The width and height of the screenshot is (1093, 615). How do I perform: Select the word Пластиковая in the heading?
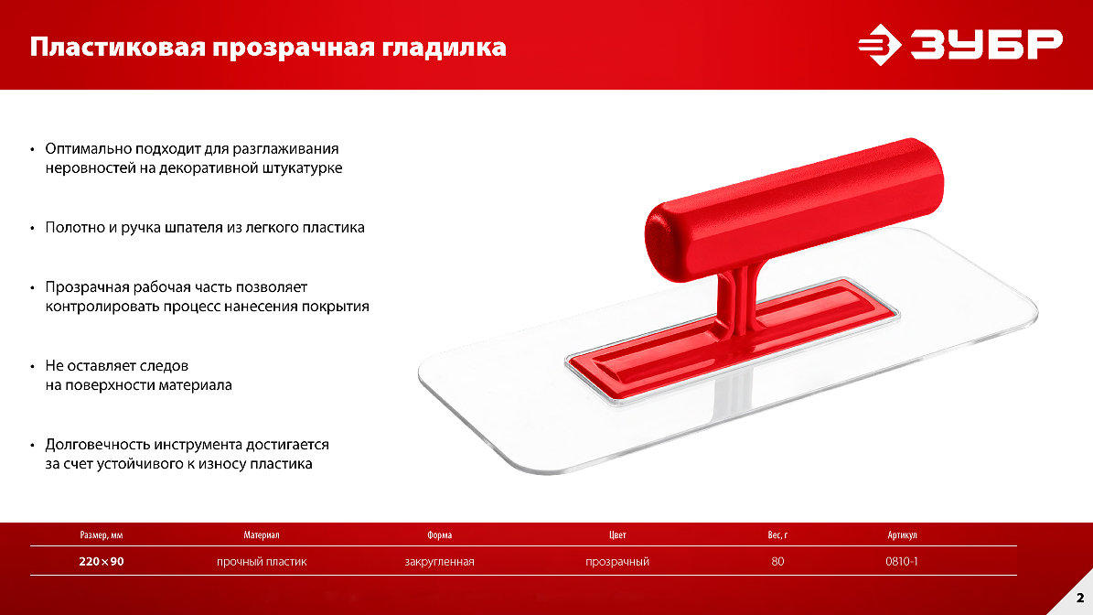click(x=118, y=48)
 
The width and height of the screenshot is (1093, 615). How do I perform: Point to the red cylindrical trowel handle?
click(x=794, y=210)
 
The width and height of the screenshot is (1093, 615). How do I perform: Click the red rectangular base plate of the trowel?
click(x=732, y=340)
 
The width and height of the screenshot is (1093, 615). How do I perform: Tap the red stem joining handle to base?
click(x=737, y=300)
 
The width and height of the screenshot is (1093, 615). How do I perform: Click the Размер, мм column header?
click(x=102, y=534)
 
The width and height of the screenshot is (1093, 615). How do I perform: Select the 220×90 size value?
click(x=102, y=561)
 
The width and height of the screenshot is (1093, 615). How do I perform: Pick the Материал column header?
click(x=262, y=534)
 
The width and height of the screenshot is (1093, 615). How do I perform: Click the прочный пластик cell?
click(x=262, y=561)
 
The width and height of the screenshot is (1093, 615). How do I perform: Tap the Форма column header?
click(x=439, y=534)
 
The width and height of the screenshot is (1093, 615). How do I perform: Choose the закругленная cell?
click(x=439, y=561)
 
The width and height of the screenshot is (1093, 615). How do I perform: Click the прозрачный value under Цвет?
click(x=616, y=561)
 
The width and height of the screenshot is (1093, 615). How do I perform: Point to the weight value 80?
click(x=778, y=561)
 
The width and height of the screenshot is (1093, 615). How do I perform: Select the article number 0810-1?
click(x=901, y=561)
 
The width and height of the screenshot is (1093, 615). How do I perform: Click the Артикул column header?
click(x=902, y=534)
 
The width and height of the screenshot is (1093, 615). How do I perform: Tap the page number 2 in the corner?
click(x=1080, y=598)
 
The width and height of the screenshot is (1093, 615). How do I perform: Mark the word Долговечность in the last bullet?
click(x=98, y=445)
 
